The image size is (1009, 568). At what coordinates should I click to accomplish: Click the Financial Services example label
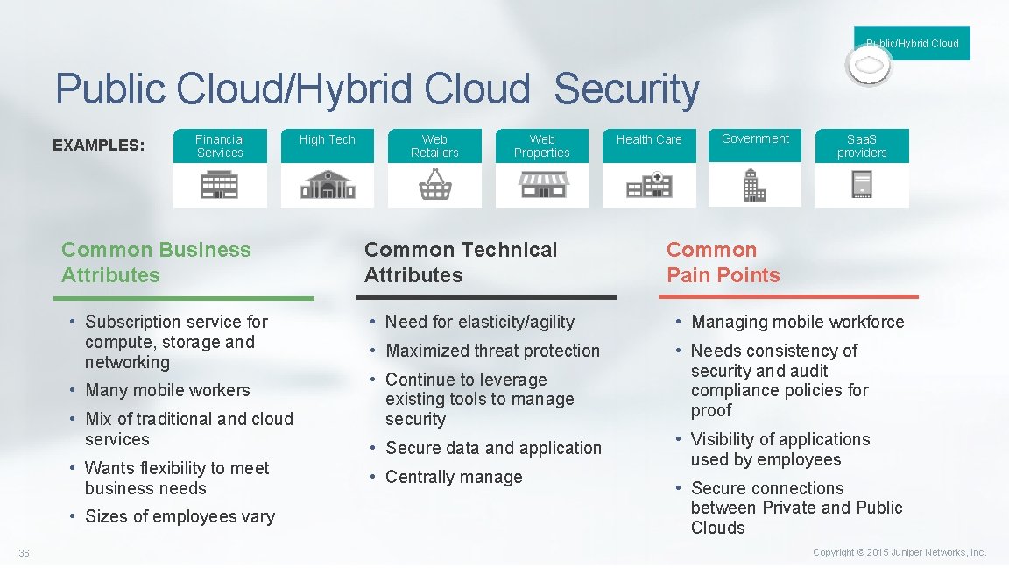point(220,146)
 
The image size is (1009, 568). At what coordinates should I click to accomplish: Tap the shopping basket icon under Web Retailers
point(434,184)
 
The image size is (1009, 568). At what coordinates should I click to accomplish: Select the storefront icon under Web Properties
point(542,184)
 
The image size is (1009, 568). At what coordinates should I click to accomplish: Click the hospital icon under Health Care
point(649,185)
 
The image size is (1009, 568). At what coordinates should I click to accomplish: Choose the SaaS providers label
point(862,146)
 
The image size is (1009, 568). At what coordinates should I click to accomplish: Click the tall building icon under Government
point(754,185)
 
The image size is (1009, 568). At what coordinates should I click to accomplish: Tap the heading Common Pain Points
point(723,262)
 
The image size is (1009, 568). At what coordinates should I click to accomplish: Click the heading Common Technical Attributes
point(460,262)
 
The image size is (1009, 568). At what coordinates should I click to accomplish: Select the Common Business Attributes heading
point(156,262)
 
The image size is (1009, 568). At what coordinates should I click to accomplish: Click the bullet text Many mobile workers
point(167,390)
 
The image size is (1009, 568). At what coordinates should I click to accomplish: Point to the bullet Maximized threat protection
point(492,351)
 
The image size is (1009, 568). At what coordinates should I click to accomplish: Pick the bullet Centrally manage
point(454,477)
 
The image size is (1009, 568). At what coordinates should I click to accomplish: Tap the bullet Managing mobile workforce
point(797,322)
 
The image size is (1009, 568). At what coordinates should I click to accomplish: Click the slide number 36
point(24,553)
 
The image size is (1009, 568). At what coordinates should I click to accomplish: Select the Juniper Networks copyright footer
point(899,552)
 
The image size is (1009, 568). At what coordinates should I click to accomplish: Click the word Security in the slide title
point(626,89)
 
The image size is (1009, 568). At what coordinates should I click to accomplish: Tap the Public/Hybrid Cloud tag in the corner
point(912,43)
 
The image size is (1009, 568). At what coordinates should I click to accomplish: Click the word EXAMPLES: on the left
point(99,146)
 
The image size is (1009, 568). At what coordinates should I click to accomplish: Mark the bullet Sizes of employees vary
point(180,516)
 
